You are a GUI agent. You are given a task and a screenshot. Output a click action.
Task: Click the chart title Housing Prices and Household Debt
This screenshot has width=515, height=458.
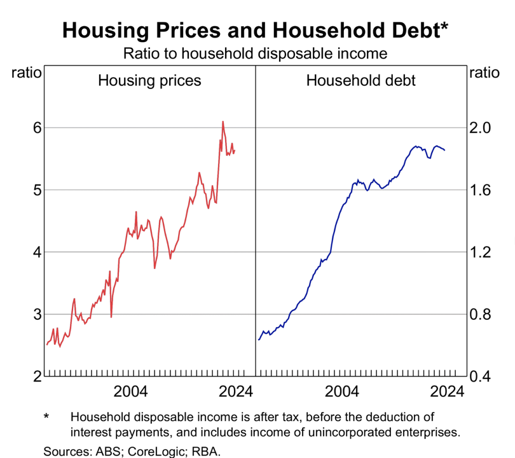point(255,30)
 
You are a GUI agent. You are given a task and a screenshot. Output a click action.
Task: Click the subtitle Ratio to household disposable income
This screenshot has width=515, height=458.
point(255,53)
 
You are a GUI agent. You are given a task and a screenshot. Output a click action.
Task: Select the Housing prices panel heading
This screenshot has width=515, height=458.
point(149,81)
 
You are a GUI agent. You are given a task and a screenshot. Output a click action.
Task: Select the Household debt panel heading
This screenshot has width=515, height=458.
point(361,81)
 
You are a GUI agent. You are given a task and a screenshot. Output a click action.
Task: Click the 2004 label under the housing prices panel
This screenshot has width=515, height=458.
point(130,391)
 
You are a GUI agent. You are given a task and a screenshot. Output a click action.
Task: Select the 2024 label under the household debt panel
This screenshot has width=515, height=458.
point(445,391)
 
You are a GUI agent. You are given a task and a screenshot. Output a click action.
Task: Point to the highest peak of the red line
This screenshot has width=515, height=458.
point(223,121)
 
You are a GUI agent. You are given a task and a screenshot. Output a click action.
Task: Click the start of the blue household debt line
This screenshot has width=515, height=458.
point(259,340)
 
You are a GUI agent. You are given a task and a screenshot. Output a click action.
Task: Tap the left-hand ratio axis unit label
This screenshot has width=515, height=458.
point(27,73)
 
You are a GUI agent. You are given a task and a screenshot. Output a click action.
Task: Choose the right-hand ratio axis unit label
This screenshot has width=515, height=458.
point(484,73)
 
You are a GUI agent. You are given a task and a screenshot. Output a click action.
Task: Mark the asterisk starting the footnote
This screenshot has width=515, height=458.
point(46,418)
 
